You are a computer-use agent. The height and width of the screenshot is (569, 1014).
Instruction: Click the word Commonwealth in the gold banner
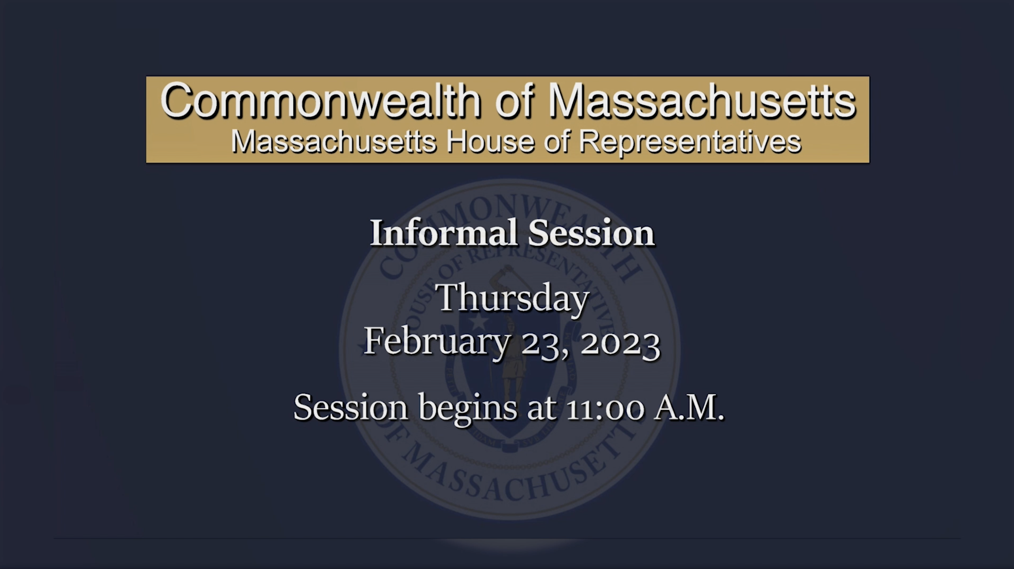pos(321,100)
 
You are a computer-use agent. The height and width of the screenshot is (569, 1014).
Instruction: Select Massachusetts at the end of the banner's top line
pos(702,100)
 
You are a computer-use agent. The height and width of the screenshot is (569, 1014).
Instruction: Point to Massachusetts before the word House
pos(333,142)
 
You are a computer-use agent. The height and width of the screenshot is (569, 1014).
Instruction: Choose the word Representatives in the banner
pos(690,143)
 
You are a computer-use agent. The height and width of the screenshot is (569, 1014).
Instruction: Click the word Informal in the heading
pos(443,233)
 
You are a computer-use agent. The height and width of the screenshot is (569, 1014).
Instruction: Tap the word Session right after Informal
pos(591,233)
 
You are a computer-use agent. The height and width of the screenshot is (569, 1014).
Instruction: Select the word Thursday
pos(512,298)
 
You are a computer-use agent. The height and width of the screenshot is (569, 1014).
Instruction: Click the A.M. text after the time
pos(689,408)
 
